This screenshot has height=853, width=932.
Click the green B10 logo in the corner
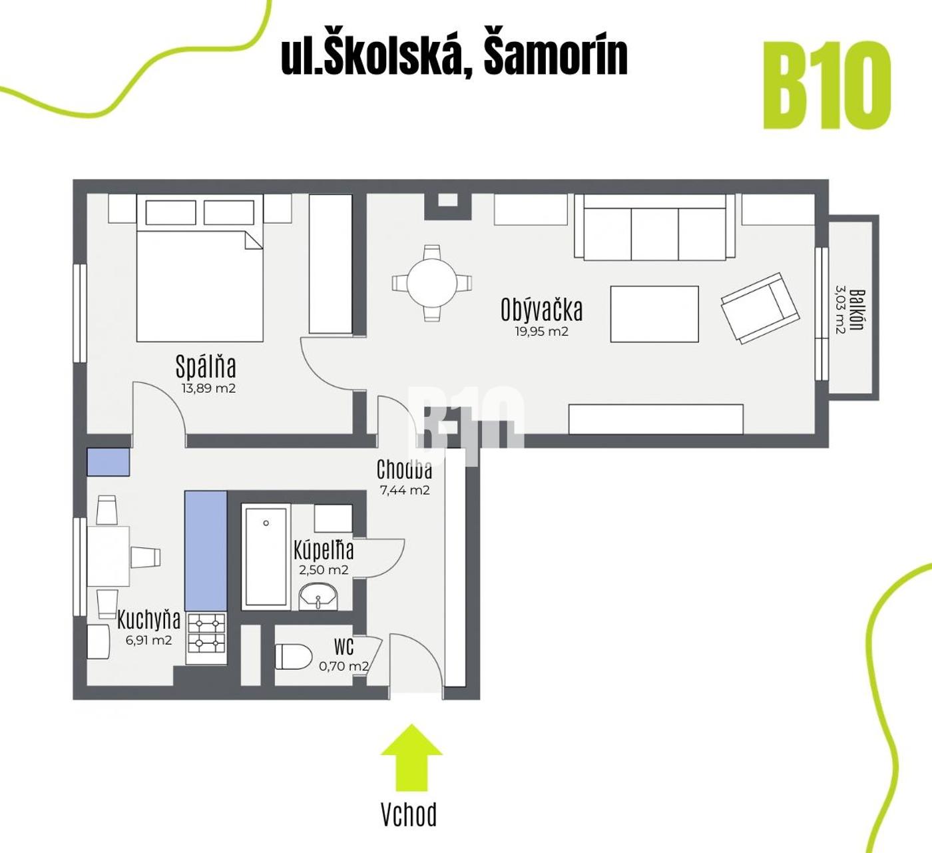pos(827,85)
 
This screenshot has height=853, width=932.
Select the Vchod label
pos(409,815)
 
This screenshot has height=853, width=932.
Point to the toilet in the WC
pos(293,657)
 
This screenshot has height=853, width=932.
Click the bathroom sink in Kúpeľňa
pos(318,597)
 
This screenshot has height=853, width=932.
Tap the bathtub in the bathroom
pos(266,557)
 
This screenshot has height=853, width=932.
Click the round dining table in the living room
pos(432,283)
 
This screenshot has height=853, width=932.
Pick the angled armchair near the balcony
pos(760,308)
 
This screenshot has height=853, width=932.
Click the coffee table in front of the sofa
pos(654,314)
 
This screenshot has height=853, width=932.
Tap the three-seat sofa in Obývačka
pos(654,227)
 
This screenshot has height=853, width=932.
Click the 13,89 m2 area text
pos(208,388)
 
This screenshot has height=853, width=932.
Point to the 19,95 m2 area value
pos(542,332)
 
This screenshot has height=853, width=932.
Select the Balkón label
pos(857,310)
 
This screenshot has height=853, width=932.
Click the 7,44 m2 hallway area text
pos(405,490)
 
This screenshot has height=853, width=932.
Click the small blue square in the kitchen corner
pos(109,461)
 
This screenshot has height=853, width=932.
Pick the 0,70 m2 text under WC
pos(344,666)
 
